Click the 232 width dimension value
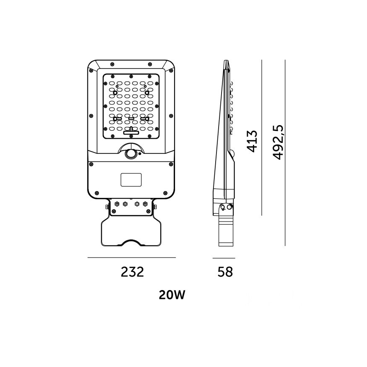point(132,272)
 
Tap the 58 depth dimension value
point(225,272)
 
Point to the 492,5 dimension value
point(277,142)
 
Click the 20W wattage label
point(173,295)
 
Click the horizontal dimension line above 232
point(131,257)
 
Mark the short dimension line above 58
point(224,257)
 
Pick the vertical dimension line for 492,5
point(285,152)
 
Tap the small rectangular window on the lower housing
point(131,180)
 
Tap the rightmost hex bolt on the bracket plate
point(146,204)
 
